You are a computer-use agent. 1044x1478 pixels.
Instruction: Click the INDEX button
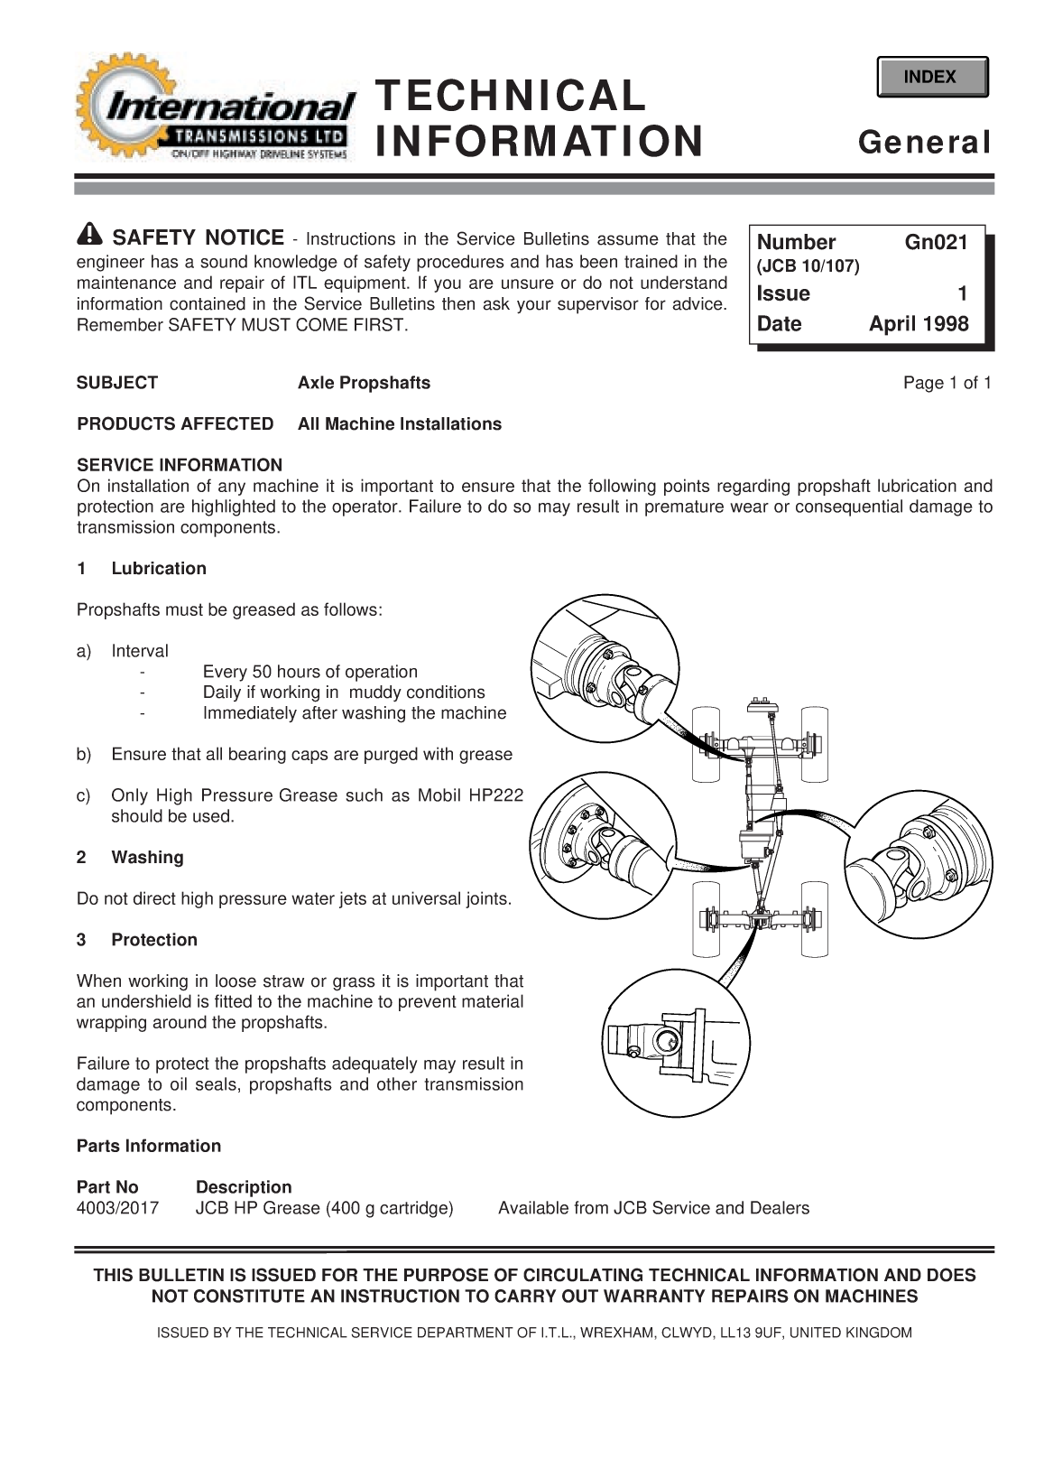click(931, 77)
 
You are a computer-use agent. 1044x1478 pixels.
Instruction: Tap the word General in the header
click(924, 143)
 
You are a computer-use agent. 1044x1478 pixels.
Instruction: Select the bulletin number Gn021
click(936, 242)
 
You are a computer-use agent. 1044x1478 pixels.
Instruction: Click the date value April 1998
click(918, 324)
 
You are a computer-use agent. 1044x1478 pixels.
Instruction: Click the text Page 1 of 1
click(947, 383)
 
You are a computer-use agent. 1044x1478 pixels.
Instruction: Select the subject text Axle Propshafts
click(364, 383)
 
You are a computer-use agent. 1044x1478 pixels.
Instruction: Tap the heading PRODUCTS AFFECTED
click(175, 424)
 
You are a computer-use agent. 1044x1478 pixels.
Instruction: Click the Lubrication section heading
click(159, 569)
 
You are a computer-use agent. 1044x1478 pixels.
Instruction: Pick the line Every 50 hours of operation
click(310, 672)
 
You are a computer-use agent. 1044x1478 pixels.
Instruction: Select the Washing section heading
click(147, 858)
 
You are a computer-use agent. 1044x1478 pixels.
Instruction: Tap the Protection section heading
click(154, 940)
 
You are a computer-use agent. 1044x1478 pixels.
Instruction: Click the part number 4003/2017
click(117, 1208)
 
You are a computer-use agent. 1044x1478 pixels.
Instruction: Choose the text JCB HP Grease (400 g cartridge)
click(324, 1208)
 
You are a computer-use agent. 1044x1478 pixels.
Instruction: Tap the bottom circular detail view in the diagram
click(673, 1046)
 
